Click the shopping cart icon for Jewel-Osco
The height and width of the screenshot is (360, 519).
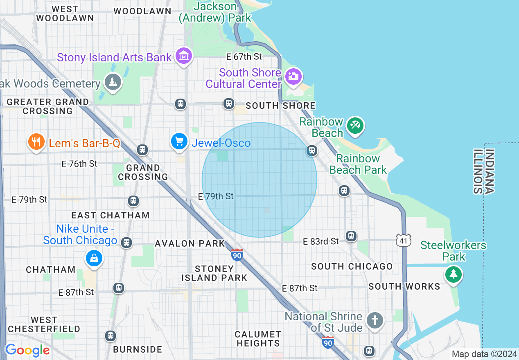pyautogui.click(x=179, y=142)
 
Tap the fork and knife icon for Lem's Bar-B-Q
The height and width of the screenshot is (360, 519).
pyautogui.click(x=36, y=142)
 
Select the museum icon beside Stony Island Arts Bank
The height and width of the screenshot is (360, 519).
pyautogui.click(x=184, y=56)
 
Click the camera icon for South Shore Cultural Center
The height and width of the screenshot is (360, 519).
pyautogui.click(x=293, y=76)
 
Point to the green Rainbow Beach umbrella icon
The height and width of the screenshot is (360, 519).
pyautogui.click(x=354, y=125)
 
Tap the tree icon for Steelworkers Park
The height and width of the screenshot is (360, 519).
pyautogui.click(x=453, y=274)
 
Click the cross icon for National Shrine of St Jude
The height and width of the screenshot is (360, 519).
pyautogui.click(x=375, y=320)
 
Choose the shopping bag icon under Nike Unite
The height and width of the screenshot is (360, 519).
pyautogui.click(x=94, y=258)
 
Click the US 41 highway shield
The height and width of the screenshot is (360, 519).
pyautogui.click(x=404, y=241)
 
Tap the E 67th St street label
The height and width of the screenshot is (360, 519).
pyautogui.click(x=244, y=56)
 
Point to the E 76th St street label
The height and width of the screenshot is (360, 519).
pyautogui.click(x=79, y=164)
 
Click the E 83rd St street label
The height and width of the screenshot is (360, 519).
pyautogui.click(x=321, y=241)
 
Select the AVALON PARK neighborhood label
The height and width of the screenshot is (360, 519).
pyautogui.click(x=190, y=243)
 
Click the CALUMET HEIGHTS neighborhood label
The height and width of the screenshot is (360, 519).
pyautogui.click(x=258, y=339)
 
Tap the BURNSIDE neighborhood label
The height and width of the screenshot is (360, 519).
pyautogui.click(x=138, y=349)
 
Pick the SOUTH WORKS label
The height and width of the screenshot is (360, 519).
pyautogui.click(x=404, y=286)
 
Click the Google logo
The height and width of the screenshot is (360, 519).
pyautogui.click(x=27, y=350)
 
